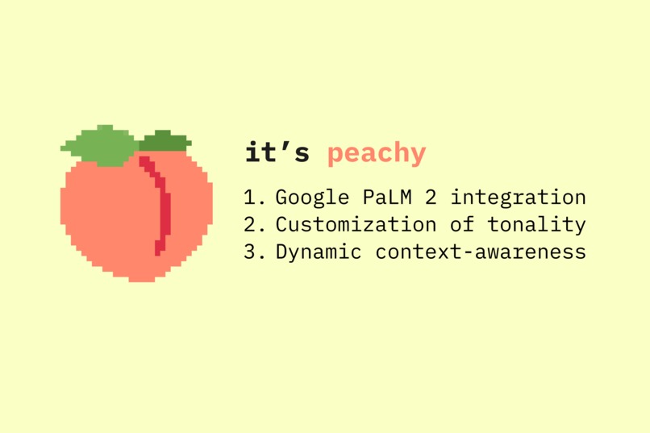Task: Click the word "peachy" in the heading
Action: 377,153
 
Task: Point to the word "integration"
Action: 518,198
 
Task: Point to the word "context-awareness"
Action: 481,252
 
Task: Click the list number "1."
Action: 254,197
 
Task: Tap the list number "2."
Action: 254,224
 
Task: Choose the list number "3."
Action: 254,252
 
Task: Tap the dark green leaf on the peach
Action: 165,141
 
